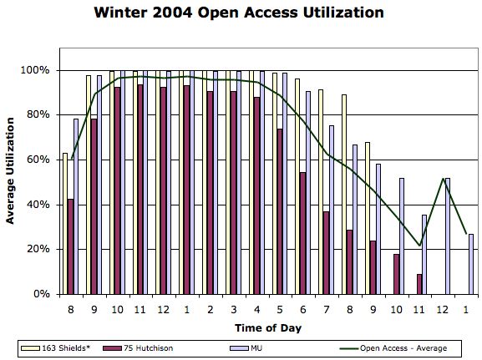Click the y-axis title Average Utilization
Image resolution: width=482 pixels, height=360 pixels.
click(10, 170)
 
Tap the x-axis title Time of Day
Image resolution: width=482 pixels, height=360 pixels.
click(268, 327)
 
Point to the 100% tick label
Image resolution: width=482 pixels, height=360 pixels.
click(35, 70)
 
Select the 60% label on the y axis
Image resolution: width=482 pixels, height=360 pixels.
click(38, 160)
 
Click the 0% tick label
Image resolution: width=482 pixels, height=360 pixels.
click(42, 294)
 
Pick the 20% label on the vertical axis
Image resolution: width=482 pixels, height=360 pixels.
click(38, 249)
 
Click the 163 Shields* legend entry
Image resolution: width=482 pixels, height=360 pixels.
click(56, 348)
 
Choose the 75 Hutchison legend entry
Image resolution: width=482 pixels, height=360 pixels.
click(138, 348)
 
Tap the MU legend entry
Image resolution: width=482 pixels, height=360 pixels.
click(246, 348)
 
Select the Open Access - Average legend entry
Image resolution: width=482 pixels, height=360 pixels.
click(393, 348)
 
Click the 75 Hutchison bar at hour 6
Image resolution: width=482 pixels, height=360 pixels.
click(302, 233)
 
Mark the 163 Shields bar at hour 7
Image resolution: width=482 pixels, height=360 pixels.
click(321, 192)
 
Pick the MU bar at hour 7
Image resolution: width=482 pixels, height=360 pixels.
click(332, 210)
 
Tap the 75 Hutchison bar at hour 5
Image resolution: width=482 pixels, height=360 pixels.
click(280, 211)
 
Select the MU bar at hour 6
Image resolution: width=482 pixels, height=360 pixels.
click(308, 193)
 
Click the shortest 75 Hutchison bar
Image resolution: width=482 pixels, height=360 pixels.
click(419, 284)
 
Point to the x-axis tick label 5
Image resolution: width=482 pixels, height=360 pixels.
click(280, 309)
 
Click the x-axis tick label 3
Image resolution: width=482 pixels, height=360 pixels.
click(233, 309)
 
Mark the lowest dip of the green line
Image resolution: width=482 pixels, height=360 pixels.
click(419, 246)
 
